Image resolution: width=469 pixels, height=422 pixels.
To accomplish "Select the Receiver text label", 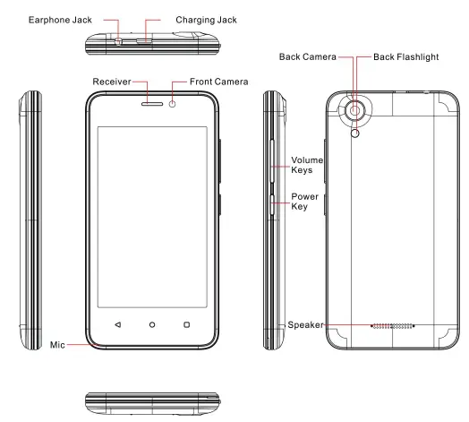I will pyautogui.click(x=112, y=82).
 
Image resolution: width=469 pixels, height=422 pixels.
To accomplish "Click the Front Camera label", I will pyautogui.click(x=221, y=82).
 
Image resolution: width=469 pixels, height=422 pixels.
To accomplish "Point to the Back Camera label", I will pyautogui.click(x=304, y=56).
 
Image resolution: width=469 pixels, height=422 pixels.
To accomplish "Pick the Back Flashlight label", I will pyautogui.click(x=400, y=56).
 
